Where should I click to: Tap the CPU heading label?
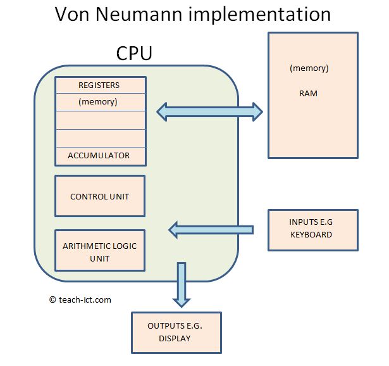(x=134, y=54)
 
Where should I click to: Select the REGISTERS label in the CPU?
(x=99, y=85)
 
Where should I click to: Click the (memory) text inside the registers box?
(x=98, y=101)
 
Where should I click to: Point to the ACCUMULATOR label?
(x=99, y=155)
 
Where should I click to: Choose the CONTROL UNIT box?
(x=100, y=196)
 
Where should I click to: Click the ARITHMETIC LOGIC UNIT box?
(x=100, y=251)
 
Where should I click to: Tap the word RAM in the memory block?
(x=309, y=93)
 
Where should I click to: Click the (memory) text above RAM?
(x=309, y=68)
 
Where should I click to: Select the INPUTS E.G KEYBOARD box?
(x=312, y=228)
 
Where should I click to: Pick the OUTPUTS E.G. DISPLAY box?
(x=176, y=332)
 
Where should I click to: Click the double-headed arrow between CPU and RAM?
(x=209, y=111)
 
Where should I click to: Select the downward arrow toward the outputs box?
(x=182, y=285)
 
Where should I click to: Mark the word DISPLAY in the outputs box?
(x=175, y=338)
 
